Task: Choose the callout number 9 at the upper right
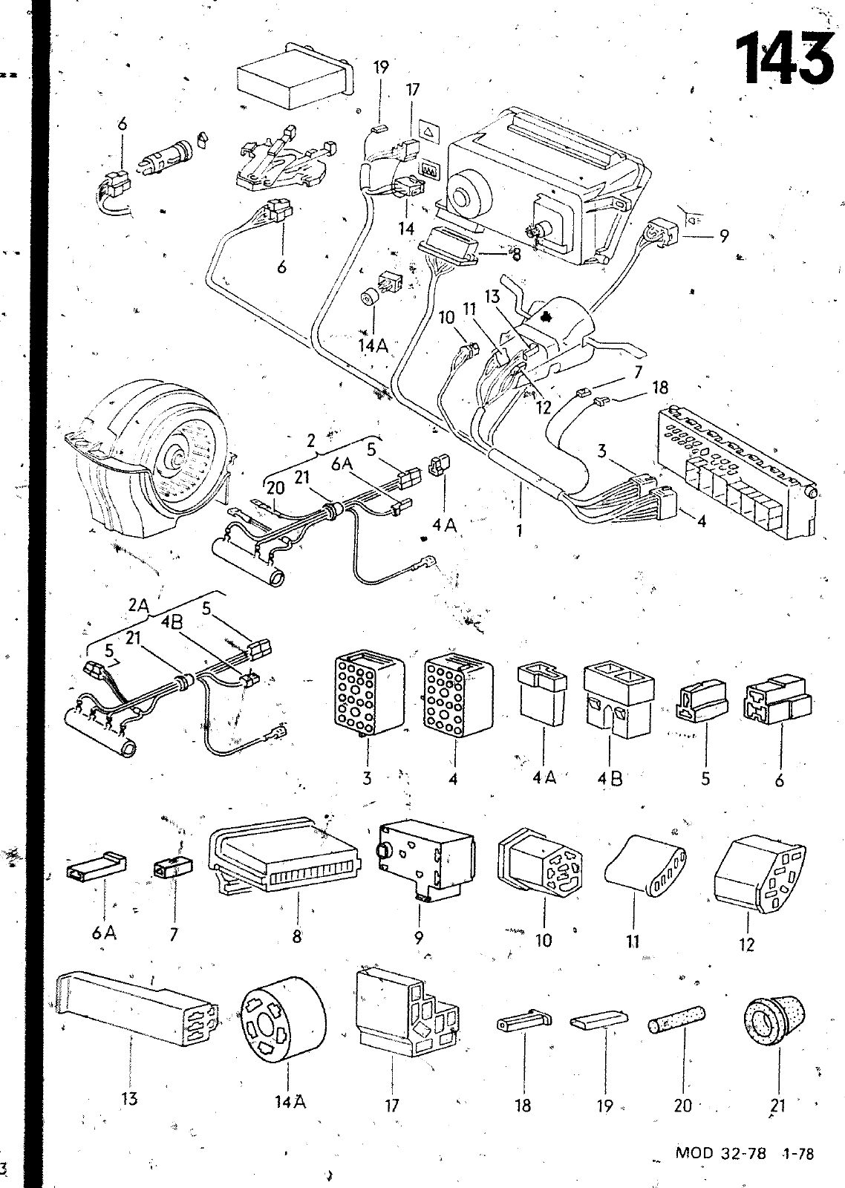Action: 723,238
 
